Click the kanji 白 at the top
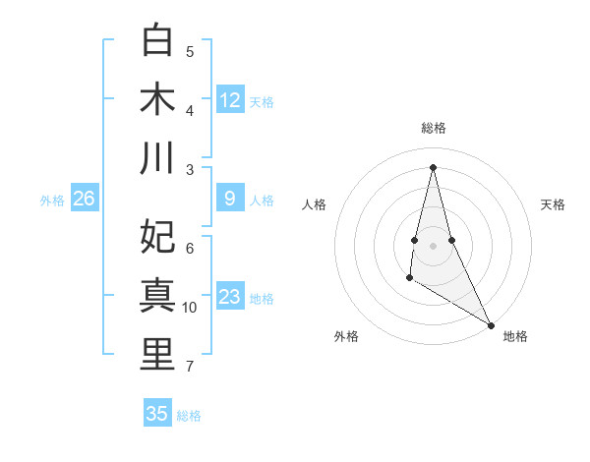(x=157, y=40)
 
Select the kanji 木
(x=157, y=99)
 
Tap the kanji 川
(x=157, y=158)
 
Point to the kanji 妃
(x=157, y=237)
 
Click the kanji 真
(x=157, y=296)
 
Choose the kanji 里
(x=157, y=355)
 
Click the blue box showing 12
(x=230, y=99)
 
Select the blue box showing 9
(x=230, y=200)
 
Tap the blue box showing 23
(x=230, y=297)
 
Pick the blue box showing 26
(x=84, y=200)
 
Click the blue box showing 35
(x=157, y=414)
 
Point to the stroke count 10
(x=190, y=308)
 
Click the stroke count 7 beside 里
(x=190, y=367)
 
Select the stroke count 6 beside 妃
(x=190, y=249)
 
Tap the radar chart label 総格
(x=434, y=128)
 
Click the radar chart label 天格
(x=553, y=204)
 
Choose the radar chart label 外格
(x=345, y=336)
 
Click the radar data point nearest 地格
(x=492, y=324)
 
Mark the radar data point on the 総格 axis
(x=433, y=166)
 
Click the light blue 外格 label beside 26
(x=52, y=201)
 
